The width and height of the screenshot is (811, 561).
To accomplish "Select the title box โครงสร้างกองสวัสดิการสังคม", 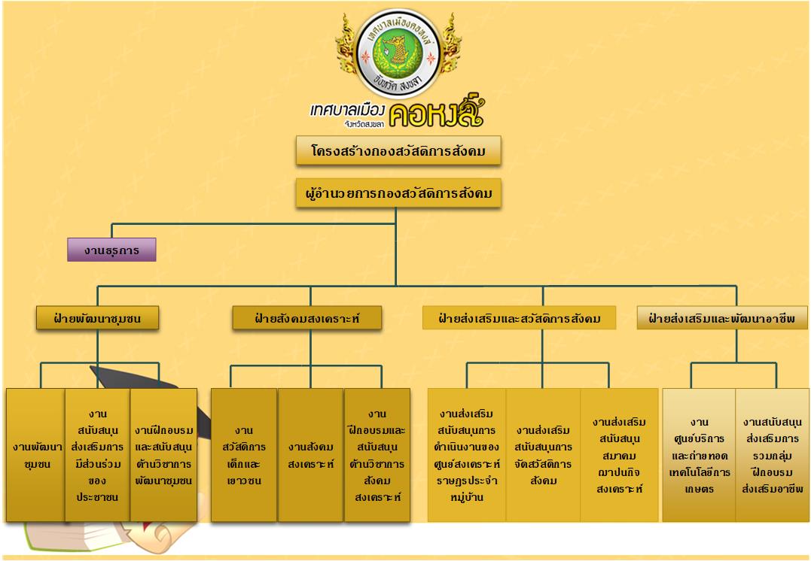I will pyautogui.click(x=398, y=151).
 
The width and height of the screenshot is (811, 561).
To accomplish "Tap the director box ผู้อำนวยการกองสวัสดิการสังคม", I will pyautogui.click(x=398, y=194).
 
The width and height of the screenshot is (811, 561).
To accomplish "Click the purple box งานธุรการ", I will pyautogui.click(x=111, y=250).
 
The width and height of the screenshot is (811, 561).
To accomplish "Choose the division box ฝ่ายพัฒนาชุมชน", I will pyautogui.click(x=98, y=319).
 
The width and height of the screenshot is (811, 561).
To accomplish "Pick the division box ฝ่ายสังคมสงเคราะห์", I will pyautogui.click(x=306, y=319).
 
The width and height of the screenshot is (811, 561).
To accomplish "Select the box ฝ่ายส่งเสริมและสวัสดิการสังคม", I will pyautogui.click(x=519, y=318).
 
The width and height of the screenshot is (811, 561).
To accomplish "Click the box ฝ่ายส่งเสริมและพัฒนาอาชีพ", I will pyautogui.click(x=722, y=319).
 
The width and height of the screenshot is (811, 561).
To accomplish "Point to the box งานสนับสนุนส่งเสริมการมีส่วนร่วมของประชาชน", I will pyautogui.click(x=97, y=455).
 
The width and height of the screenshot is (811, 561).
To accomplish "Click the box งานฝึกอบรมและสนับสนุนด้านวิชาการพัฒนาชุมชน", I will pyautogui.click(x=163, y=455).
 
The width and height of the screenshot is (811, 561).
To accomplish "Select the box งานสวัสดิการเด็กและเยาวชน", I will pyautogui.click(x=243, y=455).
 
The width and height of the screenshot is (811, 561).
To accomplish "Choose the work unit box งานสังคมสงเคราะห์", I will pyautogui.click(x=310, y=455).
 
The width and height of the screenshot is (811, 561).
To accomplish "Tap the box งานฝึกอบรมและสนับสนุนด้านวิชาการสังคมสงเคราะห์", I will pyautogui.click(x=377, y=455).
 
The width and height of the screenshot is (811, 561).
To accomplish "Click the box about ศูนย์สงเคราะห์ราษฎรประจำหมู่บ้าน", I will pyautogui.click(x=467, y=455).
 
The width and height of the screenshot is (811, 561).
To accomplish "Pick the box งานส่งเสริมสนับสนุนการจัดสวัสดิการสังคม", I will pyautogui.click(x=543, y=455).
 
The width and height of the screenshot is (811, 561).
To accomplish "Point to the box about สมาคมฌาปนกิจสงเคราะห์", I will pyautogui.click(x=619, y=455).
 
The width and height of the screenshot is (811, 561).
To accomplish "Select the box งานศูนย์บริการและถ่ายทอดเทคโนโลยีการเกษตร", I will pyautogui.click(x=699, y=455).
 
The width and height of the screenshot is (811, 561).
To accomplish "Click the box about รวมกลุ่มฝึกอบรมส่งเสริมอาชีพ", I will pyautogui.click(x=772, y=455).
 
